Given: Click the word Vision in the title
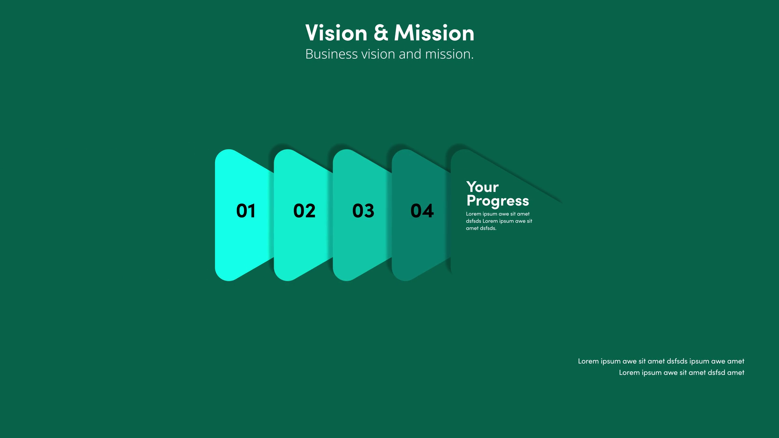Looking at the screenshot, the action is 336,32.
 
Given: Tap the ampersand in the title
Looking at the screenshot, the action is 381,33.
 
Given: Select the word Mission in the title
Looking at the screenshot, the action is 434,32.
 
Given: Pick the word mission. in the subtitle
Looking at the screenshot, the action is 449,54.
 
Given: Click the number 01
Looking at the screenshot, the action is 246,211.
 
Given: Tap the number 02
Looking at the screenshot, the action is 304,211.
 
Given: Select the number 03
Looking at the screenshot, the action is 363,211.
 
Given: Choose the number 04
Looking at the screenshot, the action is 422,211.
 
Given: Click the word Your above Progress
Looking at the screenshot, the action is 482,187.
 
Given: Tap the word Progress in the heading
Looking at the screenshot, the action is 498,201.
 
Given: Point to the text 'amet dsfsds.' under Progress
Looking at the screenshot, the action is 481,228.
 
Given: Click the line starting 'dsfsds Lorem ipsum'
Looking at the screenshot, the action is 499,221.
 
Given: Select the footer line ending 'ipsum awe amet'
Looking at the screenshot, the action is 661,361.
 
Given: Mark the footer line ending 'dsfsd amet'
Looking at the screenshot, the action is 682,373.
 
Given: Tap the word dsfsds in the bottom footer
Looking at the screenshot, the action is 677,361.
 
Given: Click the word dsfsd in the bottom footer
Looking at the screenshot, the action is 717,373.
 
